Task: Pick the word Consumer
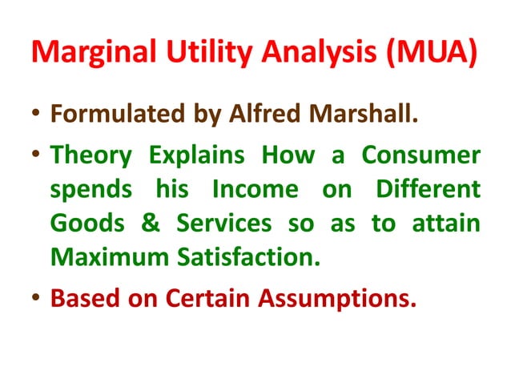(422, 156)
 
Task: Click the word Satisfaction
(254, 259)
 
